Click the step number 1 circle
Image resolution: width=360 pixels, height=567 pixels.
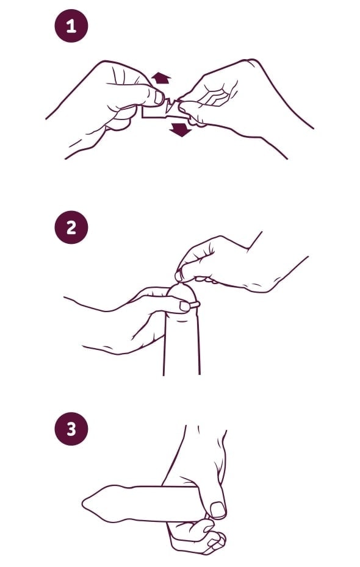71,26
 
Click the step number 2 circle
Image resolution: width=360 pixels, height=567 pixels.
71,227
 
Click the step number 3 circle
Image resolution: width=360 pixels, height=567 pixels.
71,429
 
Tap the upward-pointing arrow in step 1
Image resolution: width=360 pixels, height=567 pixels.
161,78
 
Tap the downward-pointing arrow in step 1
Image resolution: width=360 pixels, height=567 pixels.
181,129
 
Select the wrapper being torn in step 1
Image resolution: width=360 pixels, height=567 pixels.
165,109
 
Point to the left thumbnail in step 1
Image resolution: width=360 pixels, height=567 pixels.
159,98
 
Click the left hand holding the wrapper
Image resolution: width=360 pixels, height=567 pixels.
109,105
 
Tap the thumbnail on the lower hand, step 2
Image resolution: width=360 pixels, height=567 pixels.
185,307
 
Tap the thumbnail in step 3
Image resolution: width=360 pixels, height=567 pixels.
218,510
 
